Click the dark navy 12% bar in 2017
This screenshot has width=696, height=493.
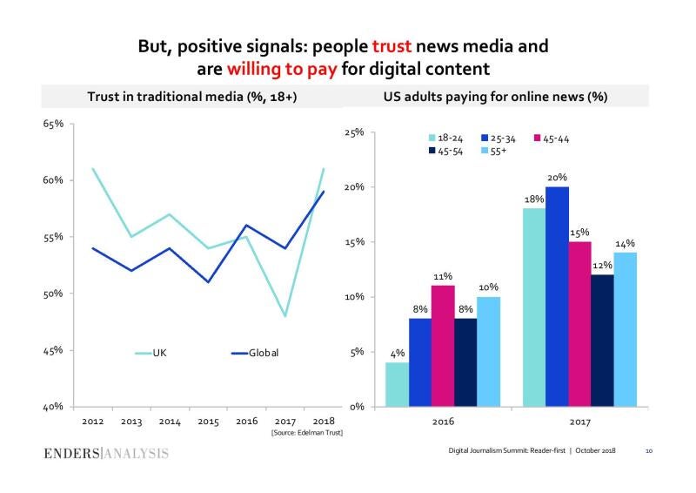point(601,341)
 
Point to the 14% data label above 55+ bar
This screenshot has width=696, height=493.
point(625,244)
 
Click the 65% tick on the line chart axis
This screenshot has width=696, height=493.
point(52,124)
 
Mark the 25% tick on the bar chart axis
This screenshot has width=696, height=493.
point(354,132)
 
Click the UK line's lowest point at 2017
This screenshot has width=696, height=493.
point(284,316)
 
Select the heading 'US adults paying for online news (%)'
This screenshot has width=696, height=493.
point(495,97)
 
